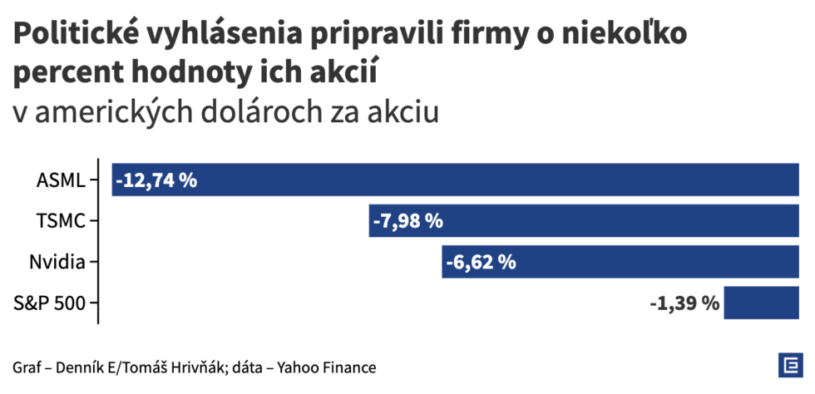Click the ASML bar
[x=499, y=180]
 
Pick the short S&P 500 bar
[x=761, y=303]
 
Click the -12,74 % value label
[x=156, y=180]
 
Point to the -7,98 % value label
[x=408, y=221]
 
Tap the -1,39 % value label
[x=684, y=303]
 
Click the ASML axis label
[x=61, y=180]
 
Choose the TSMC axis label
[x=61, y=221]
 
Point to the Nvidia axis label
[x=57, y=263]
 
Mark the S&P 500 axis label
[x=50, y=303]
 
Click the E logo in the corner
[x=788, y=366]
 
